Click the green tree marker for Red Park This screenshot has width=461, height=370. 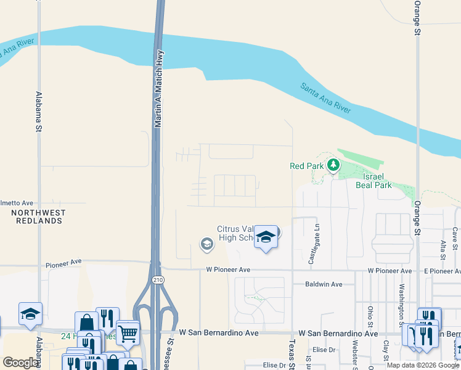pyautogui.click(x=333, y=165)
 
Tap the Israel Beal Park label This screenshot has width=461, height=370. pyautogui.click(x=373, y=180)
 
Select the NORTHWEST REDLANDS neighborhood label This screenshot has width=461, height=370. pyautogui.click(x=38, y=216)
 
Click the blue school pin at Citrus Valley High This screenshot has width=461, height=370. pyautogui.click(x=266, y=237)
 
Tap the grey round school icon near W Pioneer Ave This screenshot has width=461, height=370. pyautogui.click(x=206, y=245)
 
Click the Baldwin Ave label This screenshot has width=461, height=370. pyautogui.click(x=324, y=284)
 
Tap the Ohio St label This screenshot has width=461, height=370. pyautogui.click(x=370, y=318)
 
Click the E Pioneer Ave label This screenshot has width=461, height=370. pyautogui.click(x=438, y=271)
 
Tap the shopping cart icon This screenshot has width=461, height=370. pyautogui.click(x=128, y=334)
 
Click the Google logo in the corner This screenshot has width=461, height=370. pyautogui.click(x=20, y=363)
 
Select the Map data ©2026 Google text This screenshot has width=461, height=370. pyautogui.click(x=422, y=365)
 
